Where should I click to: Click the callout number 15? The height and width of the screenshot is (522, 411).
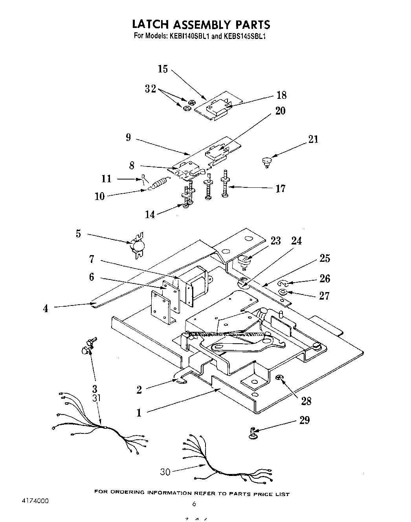pos(163,69)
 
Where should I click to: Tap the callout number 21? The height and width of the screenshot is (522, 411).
pos(313,139)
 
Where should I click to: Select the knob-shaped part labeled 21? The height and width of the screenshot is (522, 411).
pos(267,161)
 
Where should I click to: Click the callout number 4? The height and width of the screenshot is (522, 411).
pos(46,309)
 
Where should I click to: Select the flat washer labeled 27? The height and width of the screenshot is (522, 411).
pos(283,292)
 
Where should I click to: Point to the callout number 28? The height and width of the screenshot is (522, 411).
pos(306,401)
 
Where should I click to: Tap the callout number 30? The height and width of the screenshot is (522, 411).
pos(165,471)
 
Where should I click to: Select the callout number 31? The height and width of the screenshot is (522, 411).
pos(97,398)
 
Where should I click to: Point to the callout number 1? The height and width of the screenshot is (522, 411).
pos(139,413)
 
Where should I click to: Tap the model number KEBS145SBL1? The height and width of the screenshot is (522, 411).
pos(245,36)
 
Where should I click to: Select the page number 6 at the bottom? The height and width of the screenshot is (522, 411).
pos(194,503)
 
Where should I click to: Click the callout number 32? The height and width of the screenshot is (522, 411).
pos(150,89)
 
